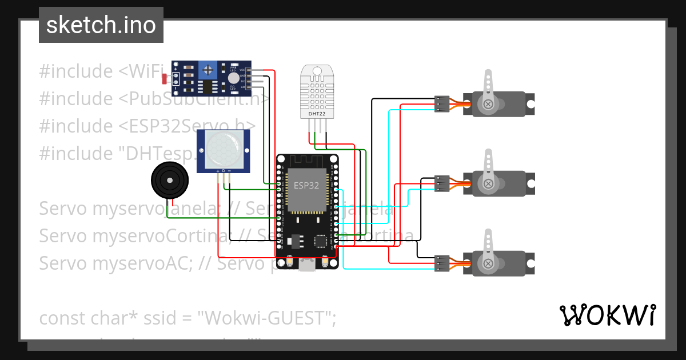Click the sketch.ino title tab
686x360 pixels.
[101, 25]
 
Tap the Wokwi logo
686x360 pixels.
[607, 315]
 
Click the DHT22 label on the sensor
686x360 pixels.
[317, 114]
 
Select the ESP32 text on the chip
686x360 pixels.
[306, 185]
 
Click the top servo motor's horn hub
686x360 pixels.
[488, 104]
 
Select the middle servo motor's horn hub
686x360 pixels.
[488, 183]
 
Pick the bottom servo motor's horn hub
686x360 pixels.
[488, 263]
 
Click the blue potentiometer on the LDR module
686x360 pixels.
[208, 70]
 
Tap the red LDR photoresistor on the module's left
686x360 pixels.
[165, 78]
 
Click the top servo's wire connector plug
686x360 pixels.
[441, 104]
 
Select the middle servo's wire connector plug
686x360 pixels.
[441, 183]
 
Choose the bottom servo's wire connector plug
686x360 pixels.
[441, 263]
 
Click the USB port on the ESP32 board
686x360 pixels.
[307, 263]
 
